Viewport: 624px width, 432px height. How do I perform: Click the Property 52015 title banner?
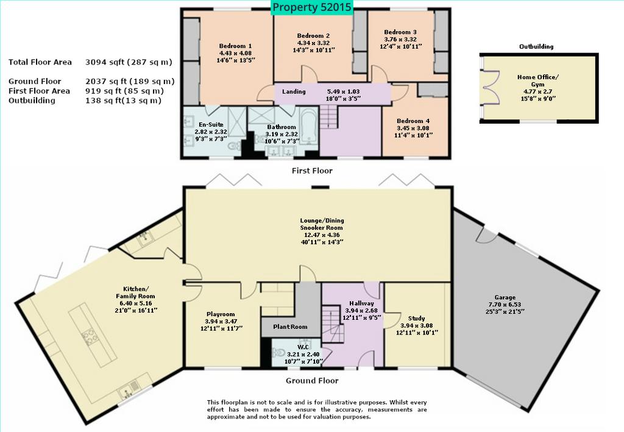pyautogui.click(x=312, y=7)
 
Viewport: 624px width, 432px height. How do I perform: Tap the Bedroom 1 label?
pyautogui.click(x=235, y=46)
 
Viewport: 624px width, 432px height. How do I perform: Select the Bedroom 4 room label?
pyautogui.click(x=413, y=121)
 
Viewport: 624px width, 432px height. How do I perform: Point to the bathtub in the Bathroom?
pyautogui.click(x=309, y=127)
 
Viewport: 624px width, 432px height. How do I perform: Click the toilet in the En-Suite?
pyautogui.click(x=235, y=146)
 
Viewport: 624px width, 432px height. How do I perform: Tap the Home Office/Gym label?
pyautogui.click(x=537, y=81)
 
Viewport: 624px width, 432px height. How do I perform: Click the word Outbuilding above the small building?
pyautogui.click(x=536, y=46)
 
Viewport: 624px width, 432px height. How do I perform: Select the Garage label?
pyautogui.click(x=505, y=297)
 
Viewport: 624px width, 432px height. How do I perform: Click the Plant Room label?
pyautogui.click(x=290, y=327)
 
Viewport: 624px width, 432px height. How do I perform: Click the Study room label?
pyautogui.click(x=417, y=318)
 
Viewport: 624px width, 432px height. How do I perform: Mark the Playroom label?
pyautogui.click(x=221, y=314)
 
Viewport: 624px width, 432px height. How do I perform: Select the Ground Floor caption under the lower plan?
pyautogui.click(x=312, y=381)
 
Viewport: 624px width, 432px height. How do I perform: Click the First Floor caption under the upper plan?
pyautogui.click(x=312, y=171)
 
